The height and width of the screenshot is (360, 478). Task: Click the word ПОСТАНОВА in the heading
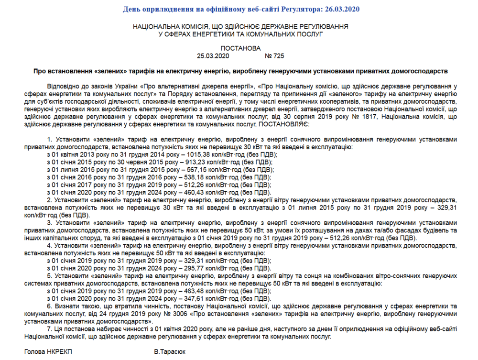[x=241, y=48]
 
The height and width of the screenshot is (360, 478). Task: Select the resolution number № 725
[x=275, y=56]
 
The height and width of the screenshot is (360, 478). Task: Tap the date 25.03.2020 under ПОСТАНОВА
[x=213, y=56]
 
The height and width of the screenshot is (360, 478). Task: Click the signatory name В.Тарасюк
[x=170, y=352]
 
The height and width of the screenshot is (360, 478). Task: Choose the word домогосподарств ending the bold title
[x=421, y=71]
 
